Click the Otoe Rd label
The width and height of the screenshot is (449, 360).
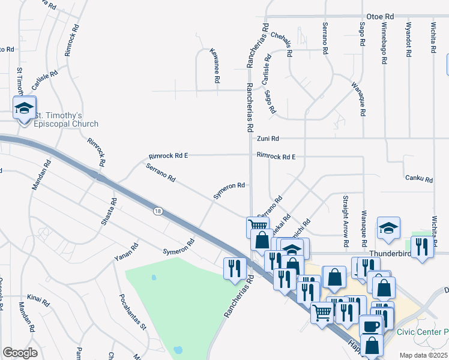381,17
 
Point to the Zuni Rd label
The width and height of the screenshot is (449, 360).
268,139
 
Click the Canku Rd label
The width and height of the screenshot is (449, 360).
420,178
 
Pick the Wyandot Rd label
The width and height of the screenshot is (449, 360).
408,40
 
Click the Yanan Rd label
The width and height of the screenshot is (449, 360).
127,253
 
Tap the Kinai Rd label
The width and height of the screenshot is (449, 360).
37,297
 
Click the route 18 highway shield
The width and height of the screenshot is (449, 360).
158,211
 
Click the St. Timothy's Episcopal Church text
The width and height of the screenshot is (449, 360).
66,119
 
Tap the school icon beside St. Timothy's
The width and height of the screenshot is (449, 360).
24,109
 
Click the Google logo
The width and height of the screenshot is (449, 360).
20,352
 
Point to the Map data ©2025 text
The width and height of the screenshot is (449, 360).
423,355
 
